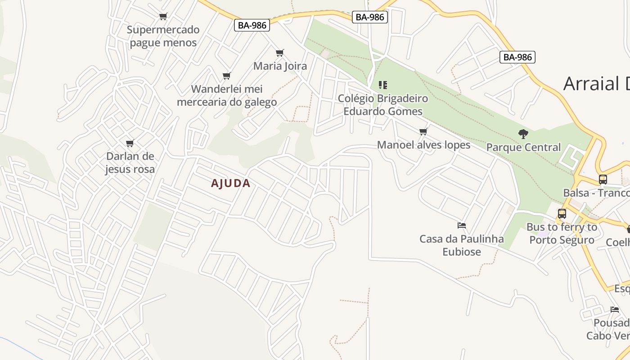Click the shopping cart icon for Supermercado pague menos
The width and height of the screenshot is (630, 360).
(163, 17)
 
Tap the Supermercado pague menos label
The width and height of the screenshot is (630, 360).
(163, 36)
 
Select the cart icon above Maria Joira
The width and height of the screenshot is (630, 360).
(280, 53)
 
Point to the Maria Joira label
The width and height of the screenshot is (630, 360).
(280, 66)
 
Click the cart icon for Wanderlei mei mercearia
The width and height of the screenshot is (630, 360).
(227, 76)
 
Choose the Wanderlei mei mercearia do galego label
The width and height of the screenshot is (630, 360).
(227, 95)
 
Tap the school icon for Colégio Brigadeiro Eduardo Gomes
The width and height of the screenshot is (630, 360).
(383, 85)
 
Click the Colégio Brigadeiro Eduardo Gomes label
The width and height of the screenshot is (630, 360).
(383, 105)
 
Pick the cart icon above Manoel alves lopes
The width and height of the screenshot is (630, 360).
(423, 132)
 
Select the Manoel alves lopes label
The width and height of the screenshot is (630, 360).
(423, 145)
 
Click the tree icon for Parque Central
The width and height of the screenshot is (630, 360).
(523, 134)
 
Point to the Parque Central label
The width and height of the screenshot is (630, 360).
(523, 147)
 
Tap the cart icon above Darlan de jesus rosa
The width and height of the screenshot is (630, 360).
(130, 144)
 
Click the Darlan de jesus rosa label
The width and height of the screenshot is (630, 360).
(130, 163)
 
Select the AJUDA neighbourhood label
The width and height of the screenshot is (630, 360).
(230, 184)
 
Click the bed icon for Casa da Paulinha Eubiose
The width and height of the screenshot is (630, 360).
(461, 225)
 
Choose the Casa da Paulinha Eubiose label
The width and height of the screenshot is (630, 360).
(462, 245)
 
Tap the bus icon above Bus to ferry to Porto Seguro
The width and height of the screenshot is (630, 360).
(562, 214)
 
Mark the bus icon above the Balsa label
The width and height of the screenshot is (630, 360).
(603, 180)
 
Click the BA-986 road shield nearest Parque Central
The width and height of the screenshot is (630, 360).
(517, 57)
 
